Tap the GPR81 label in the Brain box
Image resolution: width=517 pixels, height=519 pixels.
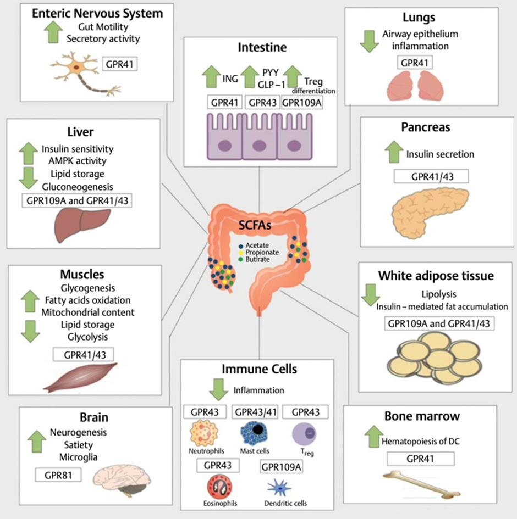click(x=58, y=474)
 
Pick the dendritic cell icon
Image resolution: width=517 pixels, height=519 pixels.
click(x=279, y=485)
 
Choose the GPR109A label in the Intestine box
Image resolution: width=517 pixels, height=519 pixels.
click(x=301, y=102)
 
